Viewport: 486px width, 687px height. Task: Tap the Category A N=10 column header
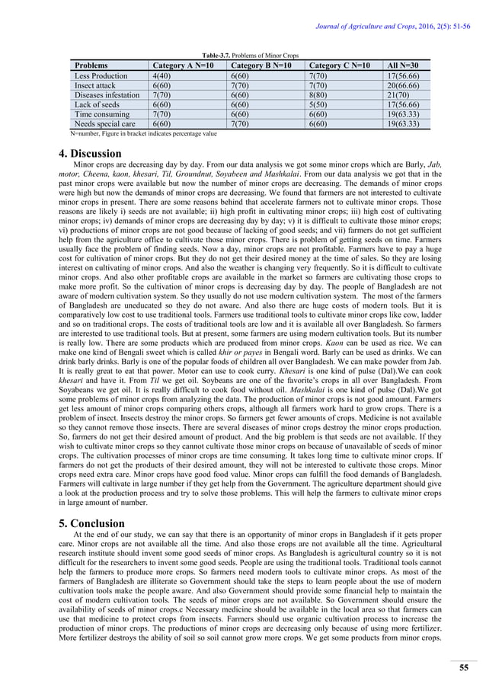tap(184, 66)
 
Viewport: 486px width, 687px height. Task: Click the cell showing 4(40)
tap(161, 76)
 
